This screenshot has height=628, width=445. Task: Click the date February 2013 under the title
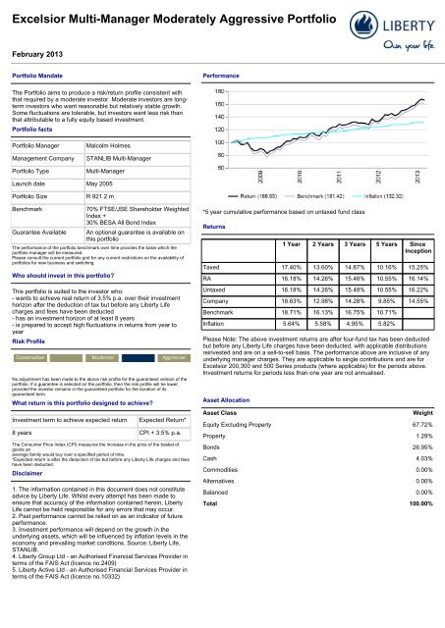(38, 56)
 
